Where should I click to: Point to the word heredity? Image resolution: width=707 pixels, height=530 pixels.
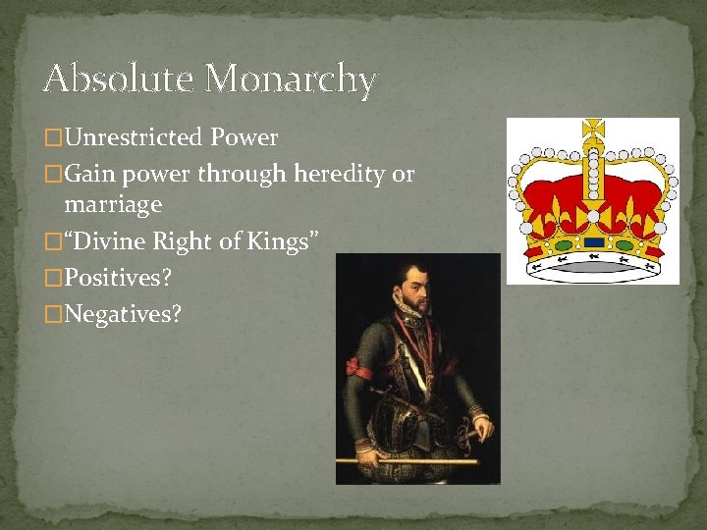(334, 175)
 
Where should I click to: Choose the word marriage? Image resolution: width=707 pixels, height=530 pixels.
(113, 205)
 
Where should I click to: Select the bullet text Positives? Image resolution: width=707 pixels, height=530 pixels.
(118, 278)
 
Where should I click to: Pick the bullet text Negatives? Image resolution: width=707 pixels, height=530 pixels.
(123, 315)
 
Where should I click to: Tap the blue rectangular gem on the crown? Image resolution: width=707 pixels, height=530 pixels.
(593, 241)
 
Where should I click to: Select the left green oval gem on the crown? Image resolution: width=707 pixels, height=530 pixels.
(562, 244)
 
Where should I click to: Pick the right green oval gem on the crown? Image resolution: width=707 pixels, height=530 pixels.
(625, 244)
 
